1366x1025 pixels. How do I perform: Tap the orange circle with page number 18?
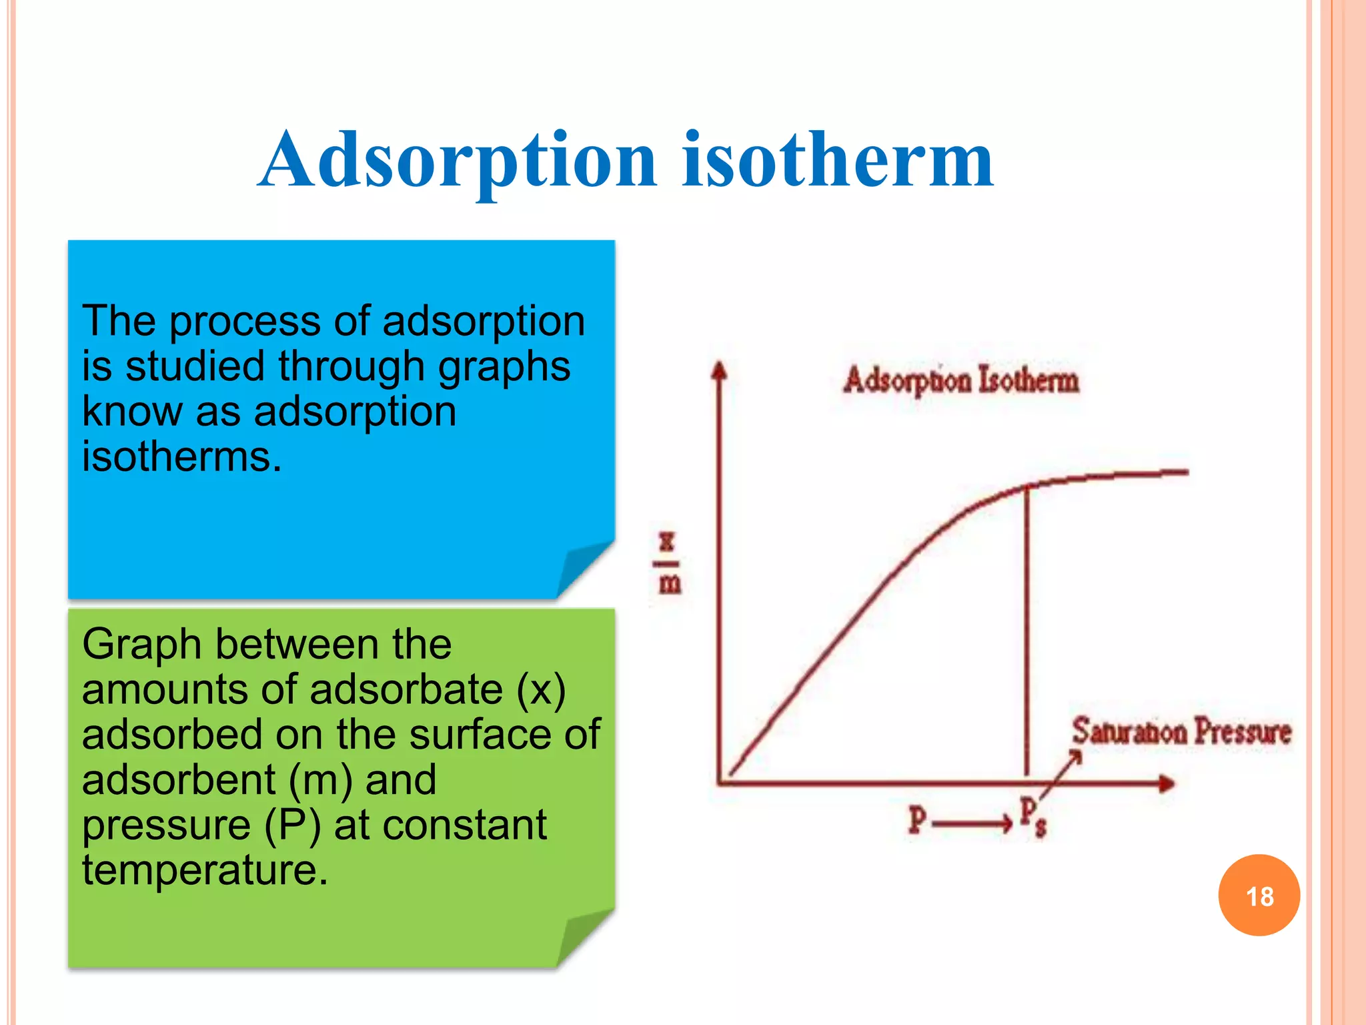[1259, 896]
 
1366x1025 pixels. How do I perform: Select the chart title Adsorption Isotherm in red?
[960, 380]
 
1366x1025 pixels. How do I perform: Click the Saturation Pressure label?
[1181, 731]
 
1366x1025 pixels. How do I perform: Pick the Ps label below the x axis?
[1033, 817]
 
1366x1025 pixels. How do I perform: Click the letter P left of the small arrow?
[918, 819]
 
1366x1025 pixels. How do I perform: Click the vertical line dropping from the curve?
[1027, 634]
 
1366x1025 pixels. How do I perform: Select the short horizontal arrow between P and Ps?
[972, 824]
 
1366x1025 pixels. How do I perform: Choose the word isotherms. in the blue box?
[181, 457]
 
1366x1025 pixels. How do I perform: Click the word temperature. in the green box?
[205, 870]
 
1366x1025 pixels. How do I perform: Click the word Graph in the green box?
[141, 645]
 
